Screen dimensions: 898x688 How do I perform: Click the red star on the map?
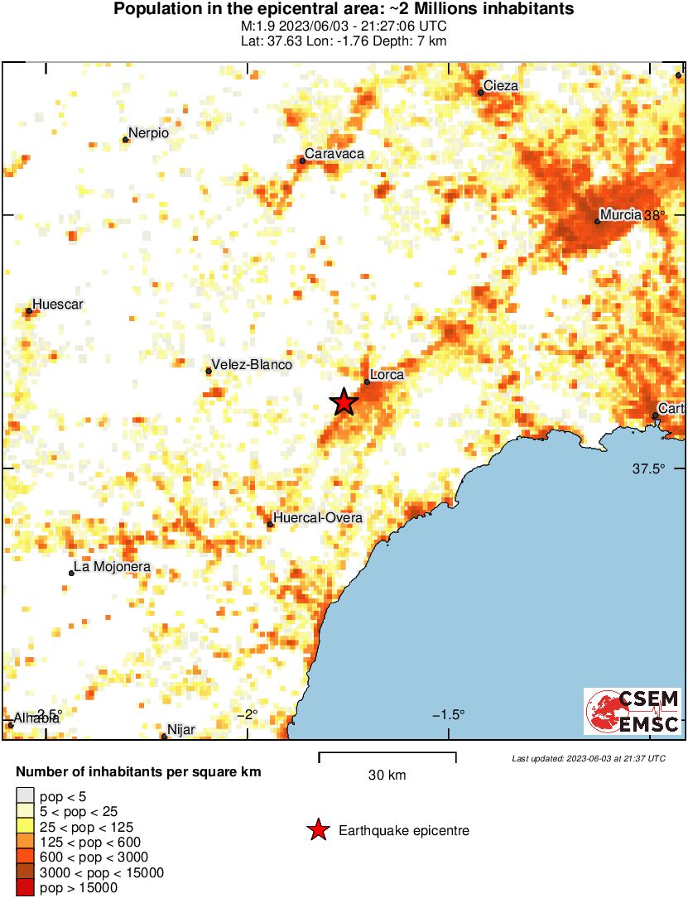344,403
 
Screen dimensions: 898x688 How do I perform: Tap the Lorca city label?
387,375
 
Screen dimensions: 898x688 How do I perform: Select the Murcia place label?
620,215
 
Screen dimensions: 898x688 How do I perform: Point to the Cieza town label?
501,85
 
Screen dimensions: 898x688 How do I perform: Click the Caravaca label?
334,154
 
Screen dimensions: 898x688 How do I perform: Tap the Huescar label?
58,305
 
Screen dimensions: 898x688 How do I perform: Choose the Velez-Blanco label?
252,364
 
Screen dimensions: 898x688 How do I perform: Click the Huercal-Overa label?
318,518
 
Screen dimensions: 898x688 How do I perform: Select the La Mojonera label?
113,568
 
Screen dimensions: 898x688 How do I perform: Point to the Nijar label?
180,730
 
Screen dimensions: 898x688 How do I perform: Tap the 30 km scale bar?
387,754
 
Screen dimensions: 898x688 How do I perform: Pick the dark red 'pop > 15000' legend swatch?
26,889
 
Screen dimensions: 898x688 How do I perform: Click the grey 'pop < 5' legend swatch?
26,797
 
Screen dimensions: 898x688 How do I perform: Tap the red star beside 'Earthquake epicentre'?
317,831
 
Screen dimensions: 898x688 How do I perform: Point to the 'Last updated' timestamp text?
589,758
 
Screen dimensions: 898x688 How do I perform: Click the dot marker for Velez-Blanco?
209,371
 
